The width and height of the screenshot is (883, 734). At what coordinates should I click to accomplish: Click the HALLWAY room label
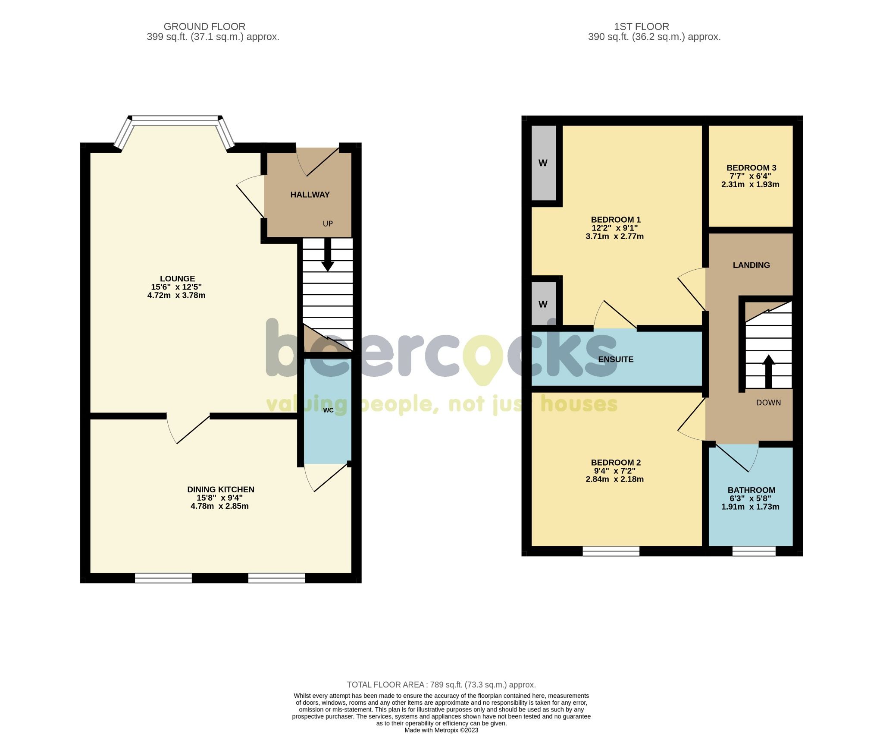point(310,195)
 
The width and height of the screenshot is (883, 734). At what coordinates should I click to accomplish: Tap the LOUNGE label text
point(177,279)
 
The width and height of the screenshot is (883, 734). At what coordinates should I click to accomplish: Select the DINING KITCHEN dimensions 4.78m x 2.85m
point(219,506)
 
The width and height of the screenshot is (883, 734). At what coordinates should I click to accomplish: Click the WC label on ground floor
point(328,410)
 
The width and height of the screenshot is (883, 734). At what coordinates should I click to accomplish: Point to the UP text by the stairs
point(328,224)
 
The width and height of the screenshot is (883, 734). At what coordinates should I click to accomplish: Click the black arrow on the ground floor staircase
point(328,259)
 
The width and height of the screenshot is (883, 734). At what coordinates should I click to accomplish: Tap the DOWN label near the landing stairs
point(768,403)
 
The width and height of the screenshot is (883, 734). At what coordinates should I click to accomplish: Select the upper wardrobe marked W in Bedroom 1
point(543,163)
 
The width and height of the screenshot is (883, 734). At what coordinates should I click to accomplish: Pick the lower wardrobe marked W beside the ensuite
point(543,304)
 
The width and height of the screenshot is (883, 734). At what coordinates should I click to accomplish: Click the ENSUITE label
point(616,359)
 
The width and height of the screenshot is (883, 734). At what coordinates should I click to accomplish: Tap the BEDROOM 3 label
point(751,168)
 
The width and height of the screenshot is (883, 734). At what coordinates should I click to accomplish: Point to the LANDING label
point(751,265)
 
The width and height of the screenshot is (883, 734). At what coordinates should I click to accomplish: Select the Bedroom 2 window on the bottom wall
point(611,551)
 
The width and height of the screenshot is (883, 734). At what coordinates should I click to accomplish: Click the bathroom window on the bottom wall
point(754,551)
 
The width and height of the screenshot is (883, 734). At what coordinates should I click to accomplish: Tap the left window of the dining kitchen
point(163,578)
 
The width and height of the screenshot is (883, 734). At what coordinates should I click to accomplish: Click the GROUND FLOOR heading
point(204,27)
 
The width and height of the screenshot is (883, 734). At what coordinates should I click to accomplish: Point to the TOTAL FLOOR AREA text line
point(441,685)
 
